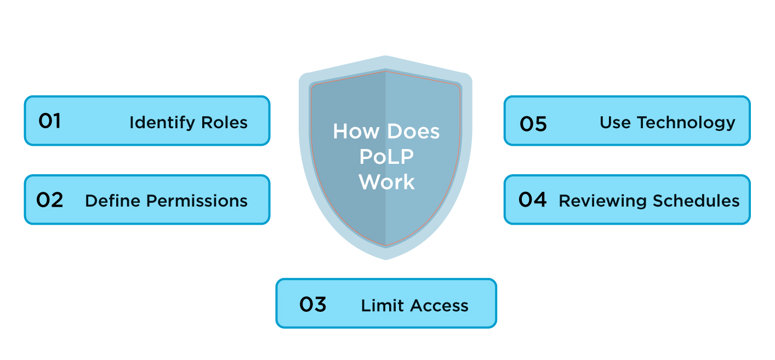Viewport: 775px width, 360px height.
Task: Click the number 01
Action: tap(49, 121)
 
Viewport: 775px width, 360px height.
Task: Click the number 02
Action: tap(49, 200)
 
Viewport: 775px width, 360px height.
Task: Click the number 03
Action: tap(312, 304)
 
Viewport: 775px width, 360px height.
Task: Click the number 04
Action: tap(532, 200)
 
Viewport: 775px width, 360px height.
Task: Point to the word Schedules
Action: tap(695, 201)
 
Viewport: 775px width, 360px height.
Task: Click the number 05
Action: tap(533, 124)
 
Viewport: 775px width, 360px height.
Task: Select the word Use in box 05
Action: tap(616, 122)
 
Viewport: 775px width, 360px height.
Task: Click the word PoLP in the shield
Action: tap(386, 157)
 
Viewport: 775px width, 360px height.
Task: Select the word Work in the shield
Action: tap(386, 182)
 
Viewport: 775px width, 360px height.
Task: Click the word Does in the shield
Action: tap(413, 132)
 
